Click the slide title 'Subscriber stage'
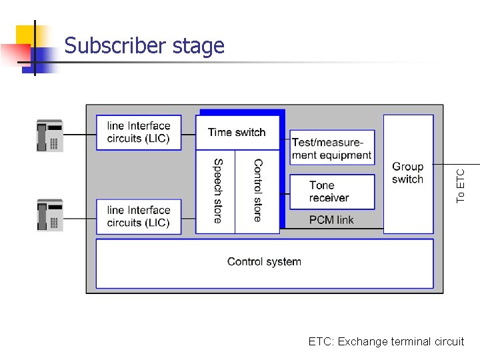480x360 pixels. (x=145, y=46)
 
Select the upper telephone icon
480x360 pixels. (x=49, y=136)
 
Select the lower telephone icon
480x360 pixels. (x=49, y=215)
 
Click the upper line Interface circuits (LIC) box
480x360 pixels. (x=139, y=132)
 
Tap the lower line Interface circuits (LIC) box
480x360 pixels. (x=139, y=217)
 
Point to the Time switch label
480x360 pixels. (x=237, y=132)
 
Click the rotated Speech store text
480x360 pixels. (x=217, y=191)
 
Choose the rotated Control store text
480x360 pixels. (x=258, y=191)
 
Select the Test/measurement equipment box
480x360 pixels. (x=332, y=148)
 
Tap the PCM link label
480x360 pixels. (x=331, y=220)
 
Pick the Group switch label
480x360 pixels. (x=407, y=173)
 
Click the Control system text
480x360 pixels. (x=264, y=262)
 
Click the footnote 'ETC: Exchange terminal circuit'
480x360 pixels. (x=386, y=341)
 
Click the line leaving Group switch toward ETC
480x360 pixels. (x=457, y=163)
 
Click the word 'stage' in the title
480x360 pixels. (x=198, y=46)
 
